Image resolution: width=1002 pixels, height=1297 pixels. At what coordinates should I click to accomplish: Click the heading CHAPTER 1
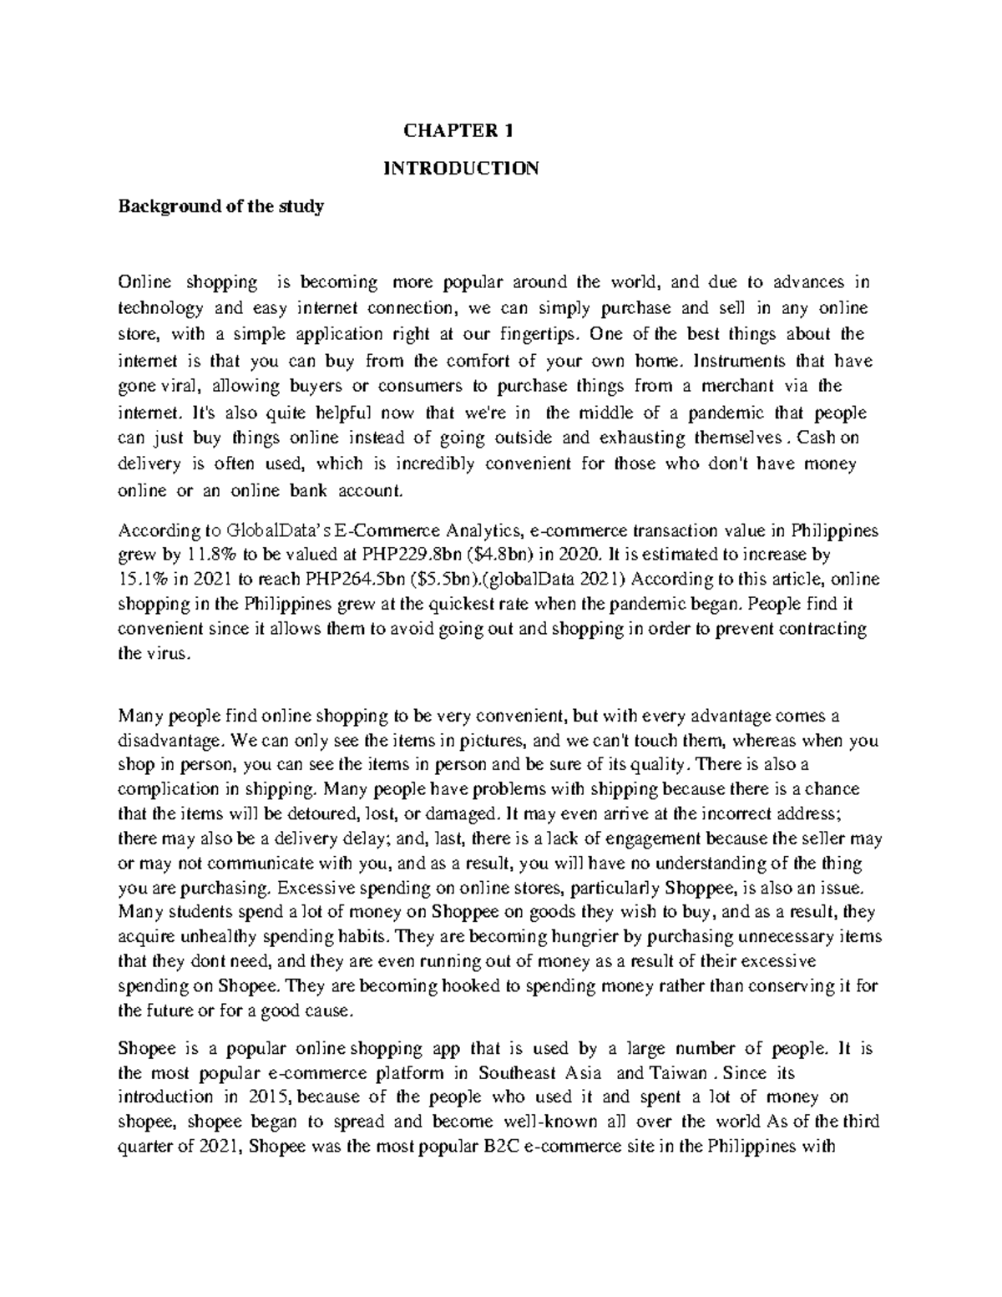click(x=459, y=130)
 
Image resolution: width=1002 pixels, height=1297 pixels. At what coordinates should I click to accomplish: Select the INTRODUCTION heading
click(x=460, y=169)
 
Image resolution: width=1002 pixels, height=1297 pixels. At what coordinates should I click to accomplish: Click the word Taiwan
click(x=682, y=1072)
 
